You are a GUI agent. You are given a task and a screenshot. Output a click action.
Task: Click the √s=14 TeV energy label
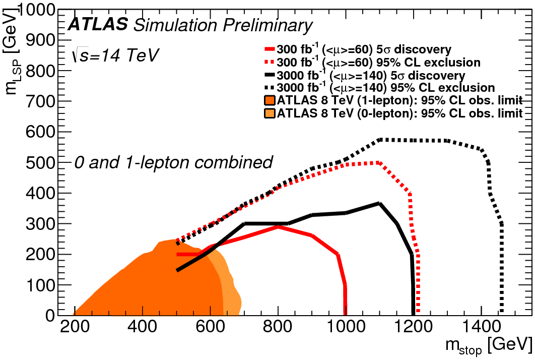[115, 55]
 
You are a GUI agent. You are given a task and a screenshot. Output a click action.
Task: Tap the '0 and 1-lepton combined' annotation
[173, 162]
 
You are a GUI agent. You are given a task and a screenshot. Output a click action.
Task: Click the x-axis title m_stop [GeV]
[488, 346]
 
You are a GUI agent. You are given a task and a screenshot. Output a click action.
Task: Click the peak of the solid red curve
[278, 227]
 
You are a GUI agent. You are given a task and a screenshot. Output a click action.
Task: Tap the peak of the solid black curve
[379, 203]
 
